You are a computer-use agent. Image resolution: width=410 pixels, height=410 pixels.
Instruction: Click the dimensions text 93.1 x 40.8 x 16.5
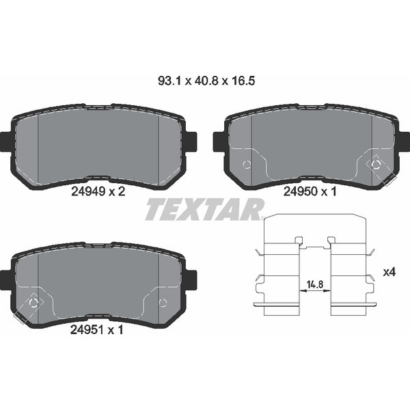[x=206, y=81]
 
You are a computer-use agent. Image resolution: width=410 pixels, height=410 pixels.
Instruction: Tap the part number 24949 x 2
[x=98, y=191]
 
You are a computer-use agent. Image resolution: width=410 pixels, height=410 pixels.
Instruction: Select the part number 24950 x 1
[x=310, y=191]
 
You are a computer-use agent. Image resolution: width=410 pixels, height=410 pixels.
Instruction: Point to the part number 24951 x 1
[x=97, y=330]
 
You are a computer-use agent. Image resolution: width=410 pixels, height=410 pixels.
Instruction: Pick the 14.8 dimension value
[x=315, y=284]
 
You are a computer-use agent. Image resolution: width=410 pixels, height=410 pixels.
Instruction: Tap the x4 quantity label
[x=389, y=273]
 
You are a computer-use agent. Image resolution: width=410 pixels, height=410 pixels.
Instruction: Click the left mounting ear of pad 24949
[x=5, y=141]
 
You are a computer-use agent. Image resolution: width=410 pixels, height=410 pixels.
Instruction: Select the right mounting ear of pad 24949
[x=191, y=141]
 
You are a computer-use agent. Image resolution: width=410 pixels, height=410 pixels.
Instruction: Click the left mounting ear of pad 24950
[x=219, y=141]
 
